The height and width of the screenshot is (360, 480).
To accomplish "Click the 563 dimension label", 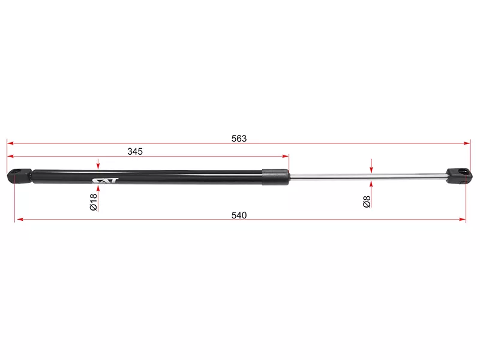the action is pyautogui.click(x=239, y=139).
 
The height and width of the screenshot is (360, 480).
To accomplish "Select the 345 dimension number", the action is pyautogui.click(x=135, y=152).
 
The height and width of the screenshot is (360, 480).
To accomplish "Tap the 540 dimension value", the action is pyautogui.click(x=239, y=215).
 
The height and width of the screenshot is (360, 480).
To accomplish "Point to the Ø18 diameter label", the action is pyautogui.click(x=94, y=202).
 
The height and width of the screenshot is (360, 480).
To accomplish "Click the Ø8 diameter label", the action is pyautogui.click(x=367, y=202).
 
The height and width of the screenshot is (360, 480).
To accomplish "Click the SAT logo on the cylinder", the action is pyautogui.click(x=104, y=181).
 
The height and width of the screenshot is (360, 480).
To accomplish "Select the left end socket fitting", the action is pyautogui.click(x=19, y=176).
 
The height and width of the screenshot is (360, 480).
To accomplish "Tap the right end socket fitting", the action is pyautogui.click(x=458, y=176).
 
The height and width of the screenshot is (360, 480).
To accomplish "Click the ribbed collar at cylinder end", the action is pyautogui.click(x=275, y=176).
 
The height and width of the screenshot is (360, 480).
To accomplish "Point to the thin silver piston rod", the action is pyautogui.click(x=367, y=176).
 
